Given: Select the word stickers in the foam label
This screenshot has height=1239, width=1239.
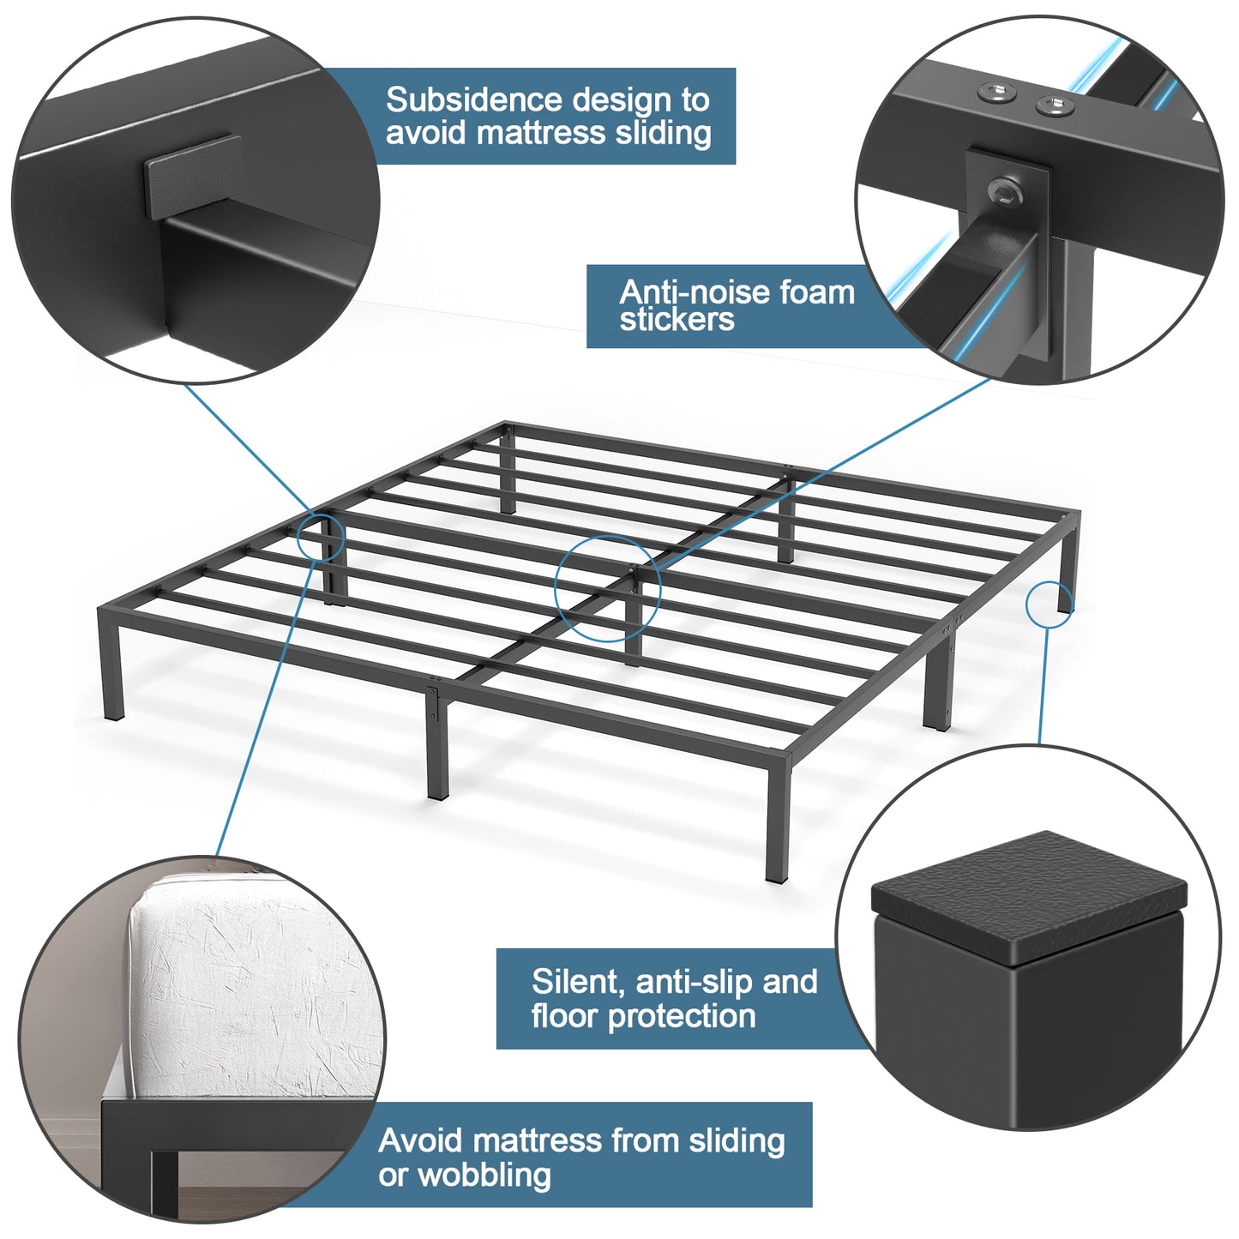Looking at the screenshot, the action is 677,320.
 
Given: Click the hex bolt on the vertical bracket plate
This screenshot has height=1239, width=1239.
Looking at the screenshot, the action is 1007,191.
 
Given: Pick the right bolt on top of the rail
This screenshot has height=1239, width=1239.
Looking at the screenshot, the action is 1056,105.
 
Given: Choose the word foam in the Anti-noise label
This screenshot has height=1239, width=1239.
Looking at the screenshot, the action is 817,292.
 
